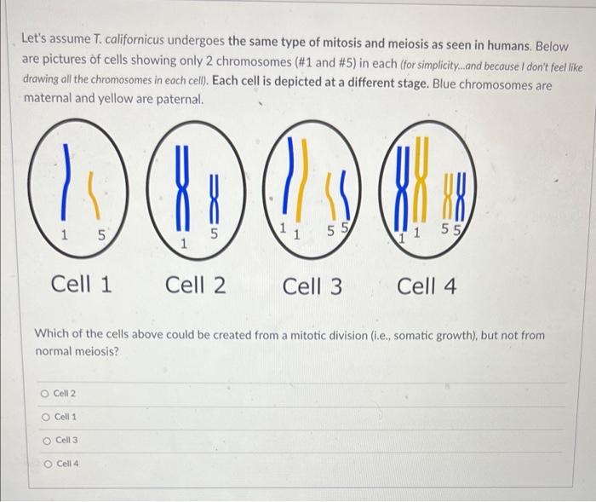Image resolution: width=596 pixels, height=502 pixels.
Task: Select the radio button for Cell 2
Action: (x=45, y=394)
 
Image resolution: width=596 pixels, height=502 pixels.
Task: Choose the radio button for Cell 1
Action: (x=46, y=418)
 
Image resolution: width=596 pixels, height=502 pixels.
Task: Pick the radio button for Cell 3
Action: (x=47, y=441)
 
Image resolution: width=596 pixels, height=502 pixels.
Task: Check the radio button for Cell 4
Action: (x=49, y=464)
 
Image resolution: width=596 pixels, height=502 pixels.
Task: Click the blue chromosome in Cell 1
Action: (x=66, y=182)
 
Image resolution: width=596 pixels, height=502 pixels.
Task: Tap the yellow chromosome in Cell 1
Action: (x=95, y=196)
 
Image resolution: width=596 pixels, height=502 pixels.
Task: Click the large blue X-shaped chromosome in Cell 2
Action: (x=182, y=188)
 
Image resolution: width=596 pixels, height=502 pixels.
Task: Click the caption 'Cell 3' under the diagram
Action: (x=312, y=286)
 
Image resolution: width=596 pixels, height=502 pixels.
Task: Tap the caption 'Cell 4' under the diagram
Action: (x=427, y=286)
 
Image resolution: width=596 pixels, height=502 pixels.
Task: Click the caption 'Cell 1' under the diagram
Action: (x=82, y=284)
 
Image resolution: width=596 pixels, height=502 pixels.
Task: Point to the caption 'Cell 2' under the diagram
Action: (x=195, y=285)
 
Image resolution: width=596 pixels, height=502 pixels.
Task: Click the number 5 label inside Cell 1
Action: (x=101, y=235)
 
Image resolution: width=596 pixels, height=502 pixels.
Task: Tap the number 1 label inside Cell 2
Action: (x=184, y=243)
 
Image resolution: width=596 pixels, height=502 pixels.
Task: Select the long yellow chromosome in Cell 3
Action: (x=302, y=180)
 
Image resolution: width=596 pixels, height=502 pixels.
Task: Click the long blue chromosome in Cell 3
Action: (x=289, y=175)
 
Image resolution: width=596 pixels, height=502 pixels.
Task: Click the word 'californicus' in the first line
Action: (x=135, y=40)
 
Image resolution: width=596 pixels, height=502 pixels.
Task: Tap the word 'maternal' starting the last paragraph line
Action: (x=48, y=98)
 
